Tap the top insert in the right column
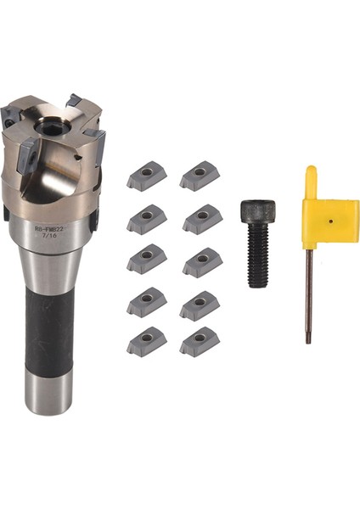click(200, 176)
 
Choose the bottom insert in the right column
click(200, 340)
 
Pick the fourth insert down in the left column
click(147, 300)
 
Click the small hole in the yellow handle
click(329, 220)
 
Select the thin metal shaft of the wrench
click(308, 297)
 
